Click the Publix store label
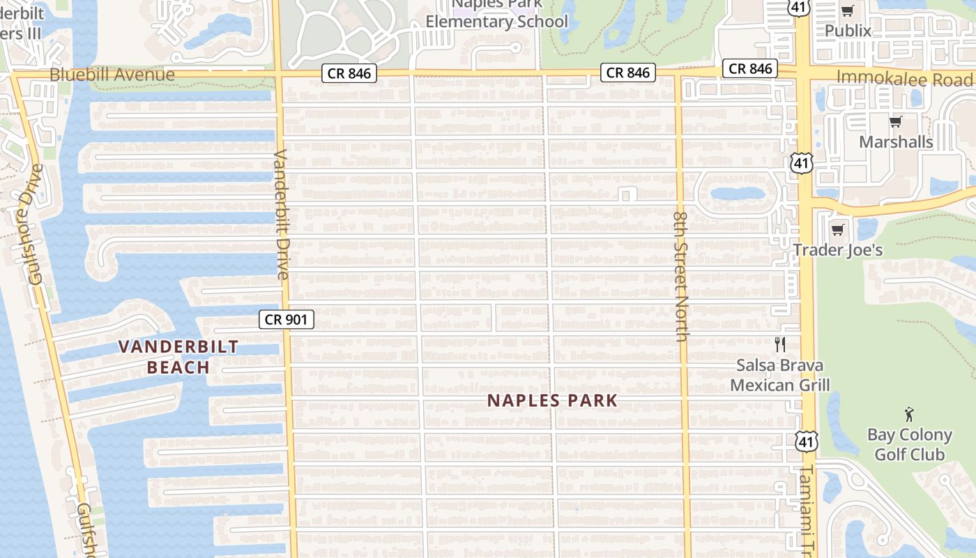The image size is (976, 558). (848, 31)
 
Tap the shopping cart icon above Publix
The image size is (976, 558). (848, 10)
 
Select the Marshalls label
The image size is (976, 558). (896, 142)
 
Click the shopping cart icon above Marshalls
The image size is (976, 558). (896, 122)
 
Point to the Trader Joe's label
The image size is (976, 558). (838, 250)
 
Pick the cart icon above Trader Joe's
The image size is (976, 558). (838, 229)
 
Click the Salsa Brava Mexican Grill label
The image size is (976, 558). (780, 375)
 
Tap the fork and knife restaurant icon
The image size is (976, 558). (780, 345)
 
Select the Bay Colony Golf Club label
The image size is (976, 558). (909, 444)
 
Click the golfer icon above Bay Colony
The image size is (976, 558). (909, 414)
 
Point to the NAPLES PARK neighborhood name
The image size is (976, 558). (552, 400)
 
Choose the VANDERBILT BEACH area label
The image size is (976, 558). (178, 357)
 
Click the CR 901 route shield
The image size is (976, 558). (287, 319)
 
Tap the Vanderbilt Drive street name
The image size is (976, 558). (282, 214)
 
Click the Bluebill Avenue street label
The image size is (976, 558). (112, 75)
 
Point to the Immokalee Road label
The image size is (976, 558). (904, 78)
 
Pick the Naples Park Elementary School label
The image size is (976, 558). (497, 17)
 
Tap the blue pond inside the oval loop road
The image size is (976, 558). (737, 193)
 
